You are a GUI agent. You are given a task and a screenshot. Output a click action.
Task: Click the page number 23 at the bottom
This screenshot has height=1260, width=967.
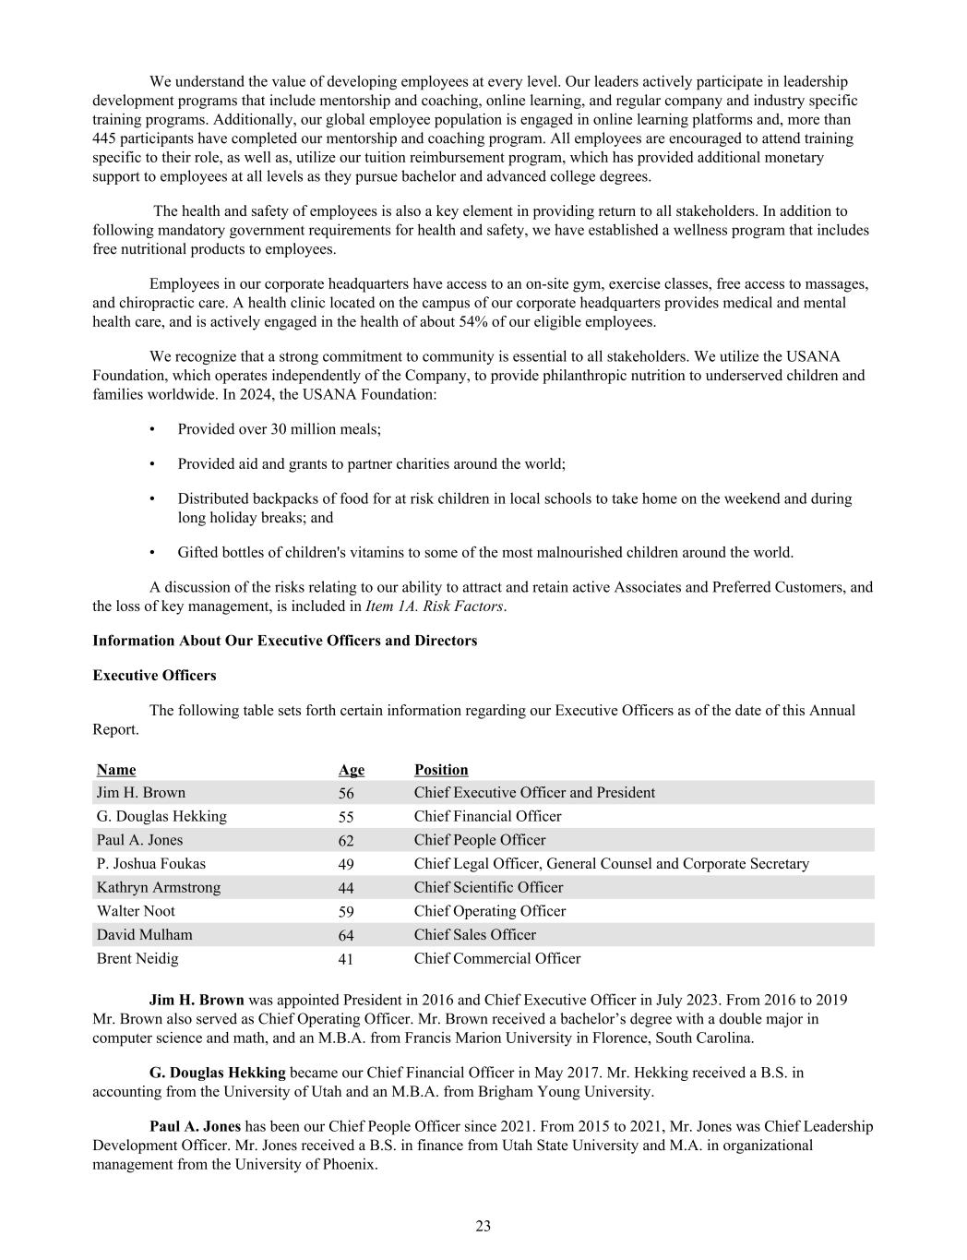coord(483,1226)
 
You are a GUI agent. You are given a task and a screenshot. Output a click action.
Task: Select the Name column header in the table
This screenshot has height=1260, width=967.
coord(116,770)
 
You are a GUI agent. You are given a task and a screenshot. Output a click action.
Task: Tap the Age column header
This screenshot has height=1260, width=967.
coord(352,770)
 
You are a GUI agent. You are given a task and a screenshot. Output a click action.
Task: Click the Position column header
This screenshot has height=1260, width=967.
coord(441,770)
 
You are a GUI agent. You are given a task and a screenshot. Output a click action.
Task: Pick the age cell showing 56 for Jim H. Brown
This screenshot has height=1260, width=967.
coord(346,793)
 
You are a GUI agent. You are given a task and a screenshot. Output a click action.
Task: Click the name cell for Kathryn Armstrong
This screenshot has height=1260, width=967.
coord(159,887)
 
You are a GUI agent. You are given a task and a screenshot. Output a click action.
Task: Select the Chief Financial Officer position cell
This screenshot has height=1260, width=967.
coord(487,816)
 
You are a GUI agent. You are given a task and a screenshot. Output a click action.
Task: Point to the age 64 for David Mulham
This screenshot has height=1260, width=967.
coord(346,935)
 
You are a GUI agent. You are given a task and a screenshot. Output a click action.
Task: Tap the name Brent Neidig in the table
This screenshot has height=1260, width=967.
coord(137,958)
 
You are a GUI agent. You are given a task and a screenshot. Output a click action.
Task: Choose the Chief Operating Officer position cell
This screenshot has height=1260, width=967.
coord(490,911)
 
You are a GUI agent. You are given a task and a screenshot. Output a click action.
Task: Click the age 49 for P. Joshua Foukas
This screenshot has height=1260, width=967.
coord(346,864)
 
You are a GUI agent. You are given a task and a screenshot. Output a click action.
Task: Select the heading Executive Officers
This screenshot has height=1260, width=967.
coord(154,676)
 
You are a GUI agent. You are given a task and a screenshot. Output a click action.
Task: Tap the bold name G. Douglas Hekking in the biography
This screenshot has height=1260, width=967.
coord(217,1073)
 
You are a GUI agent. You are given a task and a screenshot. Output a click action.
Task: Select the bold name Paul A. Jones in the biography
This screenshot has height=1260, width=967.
coord(195,1126)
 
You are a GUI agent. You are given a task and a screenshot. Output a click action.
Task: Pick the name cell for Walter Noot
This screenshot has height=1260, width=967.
coord(136,911)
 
